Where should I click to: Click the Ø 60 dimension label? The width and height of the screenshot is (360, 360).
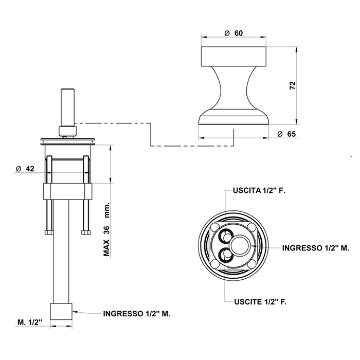click(x=233, y=33)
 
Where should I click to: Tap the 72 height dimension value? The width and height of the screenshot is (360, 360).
click(x=293, y=85)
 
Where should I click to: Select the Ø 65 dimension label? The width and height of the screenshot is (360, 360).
click(x=286, y=134)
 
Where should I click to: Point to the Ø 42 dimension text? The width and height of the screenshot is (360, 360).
click(x=25, y=169)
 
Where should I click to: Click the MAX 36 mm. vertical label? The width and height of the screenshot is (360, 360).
click(x=106, y=229)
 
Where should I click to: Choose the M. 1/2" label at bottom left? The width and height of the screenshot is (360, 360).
click(x=30, y=322)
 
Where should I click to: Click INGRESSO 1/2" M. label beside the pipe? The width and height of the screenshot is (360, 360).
click(x=137, y=314)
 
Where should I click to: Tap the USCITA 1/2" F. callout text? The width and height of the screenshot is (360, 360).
click(x=259, y=190)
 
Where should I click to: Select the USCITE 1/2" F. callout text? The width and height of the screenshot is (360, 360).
click(x=260, y=302)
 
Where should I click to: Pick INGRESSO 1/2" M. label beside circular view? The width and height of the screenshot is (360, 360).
click(x=316, y=248)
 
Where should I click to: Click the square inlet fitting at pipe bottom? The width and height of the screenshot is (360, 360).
click(x=61, y=311)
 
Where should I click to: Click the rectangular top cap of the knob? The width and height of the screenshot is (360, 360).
click(x=233, y=57)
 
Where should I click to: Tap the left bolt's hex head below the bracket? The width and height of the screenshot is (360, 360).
click(x=49, y=232)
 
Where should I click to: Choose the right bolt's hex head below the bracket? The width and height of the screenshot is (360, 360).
click(x=86, y=232)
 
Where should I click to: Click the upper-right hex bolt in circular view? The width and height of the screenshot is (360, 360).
click(x=251, y=226)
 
